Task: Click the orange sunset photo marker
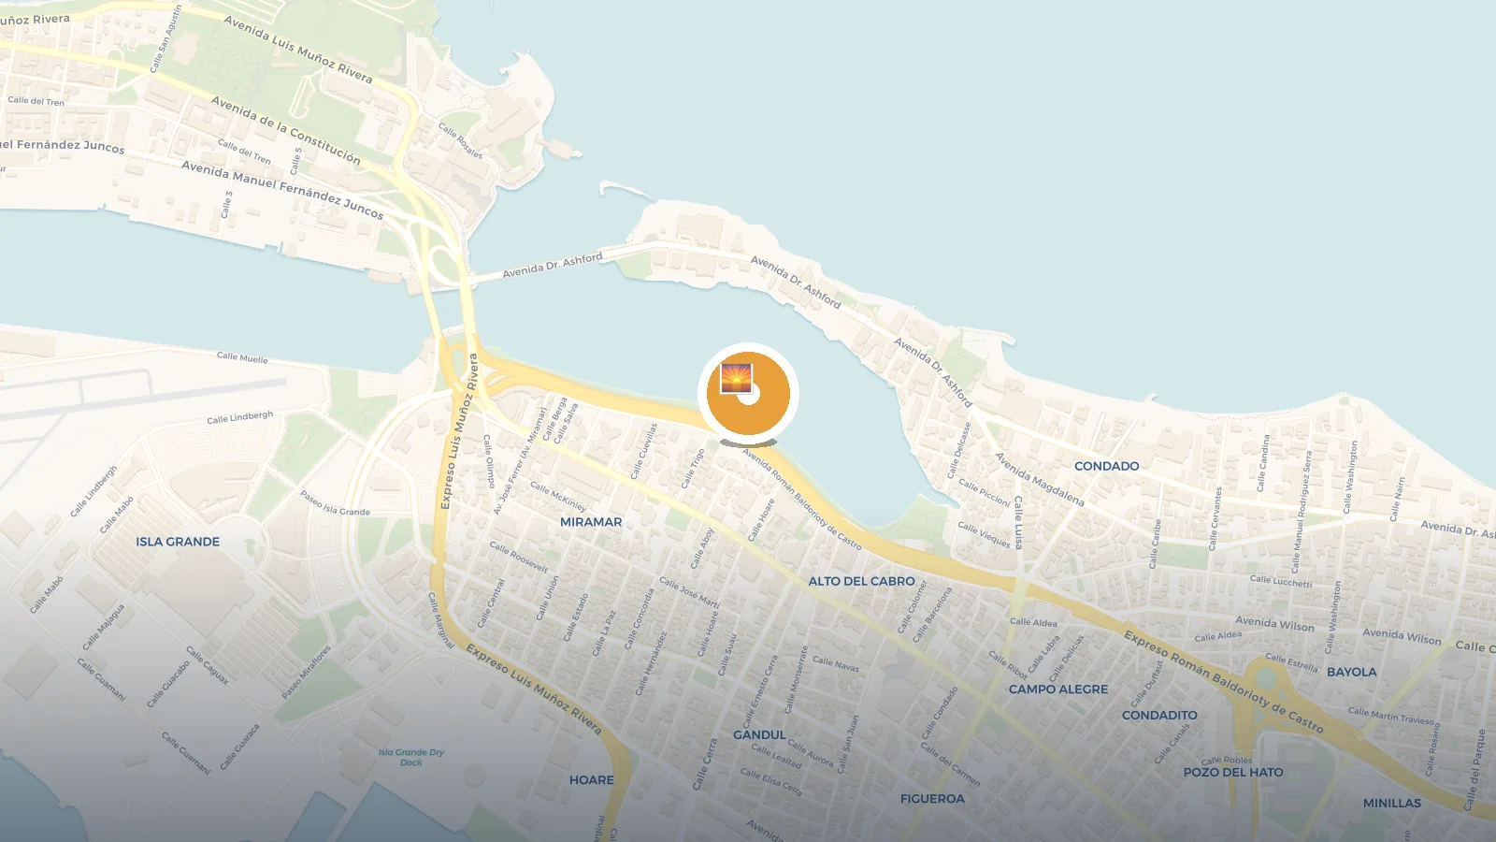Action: (747, 393)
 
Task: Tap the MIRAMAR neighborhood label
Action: (591, 522)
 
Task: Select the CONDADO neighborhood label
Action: (1106, 466)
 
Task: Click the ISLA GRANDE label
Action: (178, 542)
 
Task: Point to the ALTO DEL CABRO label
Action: (861, 581)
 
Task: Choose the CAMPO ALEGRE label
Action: (1057, 690)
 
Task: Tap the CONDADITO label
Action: (1159, 716)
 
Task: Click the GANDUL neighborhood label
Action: (759, 735)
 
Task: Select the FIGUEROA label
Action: (932, 799)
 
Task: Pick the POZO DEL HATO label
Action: (1233, 773)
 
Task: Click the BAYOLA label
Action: (1351, 672)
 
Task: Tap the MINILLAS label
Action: (1391, 804)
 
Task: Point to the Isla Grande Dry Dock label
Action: (411, 757)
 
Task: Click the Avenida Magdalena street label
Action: (1039, 479)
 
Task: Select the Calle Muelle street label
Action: (242, 357)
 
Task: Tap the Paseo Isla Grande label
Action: (335, 503)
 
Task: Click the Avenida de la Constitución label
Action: (285, 129)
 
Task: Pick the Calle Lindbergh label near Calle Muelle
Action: (239, 417)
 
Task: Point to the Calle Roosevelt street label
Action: (518, 556)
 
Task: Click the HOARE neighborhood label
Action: (591, 780)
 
